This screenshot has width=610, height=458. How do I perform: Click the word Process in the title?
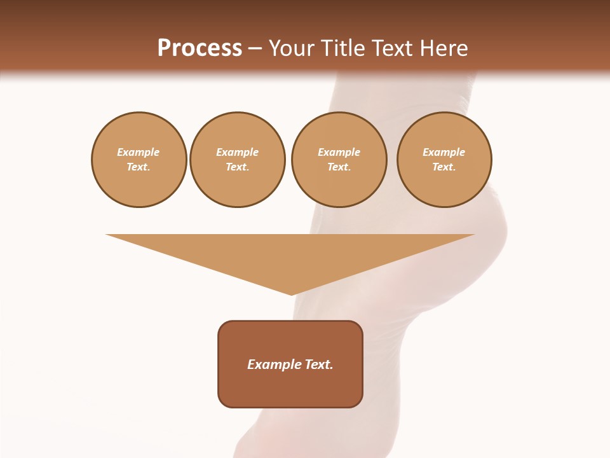(x=200, y=48)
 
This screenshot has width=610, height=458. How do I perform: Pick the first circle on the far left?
(x=139, y=160)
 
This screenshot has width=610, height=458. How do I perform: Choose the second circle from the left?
(x=238, y=160)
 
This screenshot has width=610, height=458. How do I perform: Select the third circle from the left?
(x=339, y=160)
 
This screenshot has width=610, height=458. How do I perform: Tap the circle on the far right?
(x=444, y=160)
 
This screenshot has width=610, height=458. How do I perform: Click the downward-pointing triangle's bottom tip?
(x=291, y=294)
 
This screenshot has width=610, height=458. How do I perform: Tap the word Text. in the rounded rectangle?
(x=320, y=364)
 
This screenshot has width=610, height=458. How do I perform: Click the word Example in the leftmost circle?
(x=139, y=152)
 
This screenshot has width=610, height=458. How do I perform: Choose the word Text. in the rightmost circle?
(x=444, y=167)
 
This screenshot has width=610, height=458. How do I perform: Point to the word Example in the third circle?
(x=339, y=152)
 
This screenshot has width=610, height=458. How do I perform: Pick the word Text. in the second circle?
(x=238, y=167)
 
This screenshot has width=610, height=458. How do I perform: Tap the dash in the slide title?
(x=255, y=49)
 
